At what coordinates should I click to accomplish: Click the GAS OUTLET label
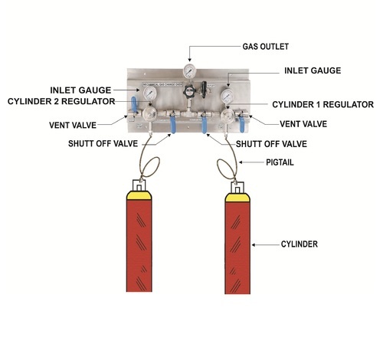click(266, 47)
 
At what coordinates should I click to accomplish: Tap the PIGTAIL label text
click(280, 162)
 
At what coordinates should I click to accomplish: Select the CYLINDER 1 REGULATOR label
click(323, 104)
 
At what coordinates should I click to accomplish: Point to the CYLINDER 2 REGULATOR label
click(61, 101)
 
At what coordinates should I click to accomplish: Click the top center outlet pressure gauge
click(189, 70)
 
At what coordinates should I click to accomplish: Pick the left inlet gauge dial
click(150, 93)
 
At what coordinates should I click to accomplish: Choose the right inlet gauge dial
click(227, 97)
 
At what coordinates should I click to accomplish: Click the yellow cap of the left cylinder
click(139, 195)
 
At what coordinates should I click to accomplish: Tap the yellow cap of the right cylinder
click(237, 198)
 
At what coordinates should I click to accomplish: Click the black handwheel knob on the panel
click(189, 91)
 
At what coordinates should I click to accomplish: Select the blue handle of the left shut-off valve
click(173, 125)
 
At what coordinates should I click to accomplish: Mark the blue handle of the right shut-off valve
click(205, 125)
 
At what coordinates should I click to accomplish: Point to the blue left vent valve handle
click(134, 105)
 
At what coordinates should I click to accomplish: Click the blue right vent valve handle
click(241, 123)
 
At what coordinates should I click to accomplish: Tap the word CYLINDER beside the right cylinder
click(300, 244)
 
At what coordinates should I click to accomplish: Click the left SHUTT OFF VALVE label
click(103, 143)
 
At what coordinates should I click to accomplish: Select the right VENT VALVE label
click(303, 124)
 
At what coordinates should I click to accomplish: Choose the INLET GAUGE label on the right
click(313, 70)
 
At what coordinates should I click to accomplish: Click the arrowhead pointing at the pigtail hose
click(241, 162)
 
